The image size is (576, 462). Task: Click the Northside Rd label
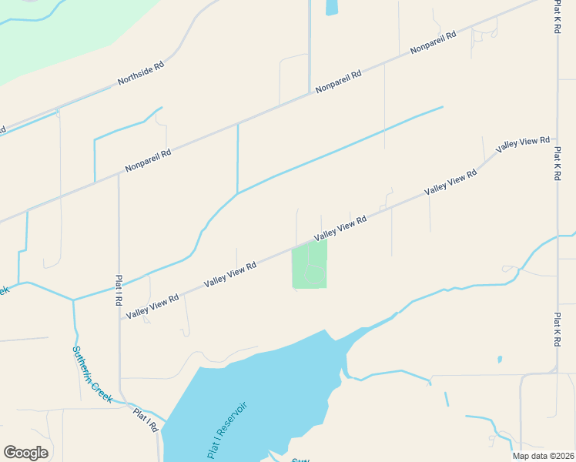(141, 73)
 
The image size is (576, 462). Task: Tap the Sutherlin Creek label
(92, 374)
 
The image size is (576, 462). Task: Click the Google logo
(25, 453)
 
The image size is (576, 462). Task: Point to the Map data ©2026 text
(542, 456)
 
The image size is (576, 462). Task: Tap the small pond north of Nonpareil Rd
(332, 7)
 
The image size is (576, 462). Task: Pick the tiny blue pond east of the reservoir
(500, 359)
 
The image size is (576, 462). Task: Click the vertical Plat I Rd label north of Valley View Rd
(119, 292)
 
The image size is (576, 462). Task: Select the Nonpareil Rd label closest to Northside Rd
(148, 160)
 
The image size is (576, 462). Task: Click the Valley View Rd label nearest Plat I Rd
(152, 306)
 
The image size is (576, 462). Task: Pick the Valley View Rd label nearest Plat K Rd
(523, 143)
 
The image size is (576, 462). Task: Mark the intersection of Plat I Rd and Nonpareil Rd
(119, 173)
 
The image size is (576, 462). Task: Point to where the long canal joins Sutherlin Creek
(74, 300)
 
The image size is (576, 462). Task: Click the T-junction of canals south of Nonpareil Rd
(238, 192)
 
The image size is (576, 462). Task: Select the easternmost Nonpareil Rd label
(434, 42)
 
